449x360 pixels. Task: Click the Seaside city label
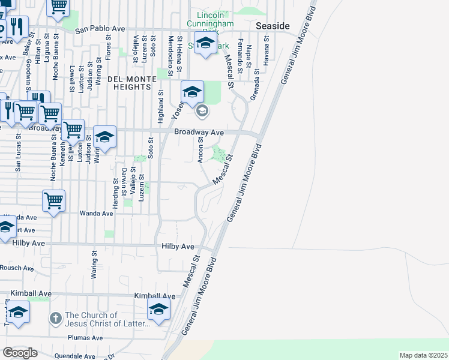tap(273, 26)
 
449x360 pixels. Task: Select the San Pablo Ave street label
tap(100, 28)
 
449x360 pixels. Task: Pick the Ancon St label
tap(200, 150)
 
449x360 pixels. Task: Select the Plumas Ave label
tap(86, 338)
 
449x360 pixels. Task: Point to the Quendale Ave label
tap(74, 356)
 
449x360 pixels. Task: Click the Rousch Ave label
tap(17, 268)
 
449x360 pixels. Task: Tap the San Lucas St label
tap(18, 158)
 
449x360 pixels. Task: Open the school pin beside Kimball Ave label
tap(158, 310)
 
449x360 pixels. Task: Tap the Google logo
tap(20, 353)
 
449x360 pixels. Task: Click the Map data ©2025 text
tap(423, 355)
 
